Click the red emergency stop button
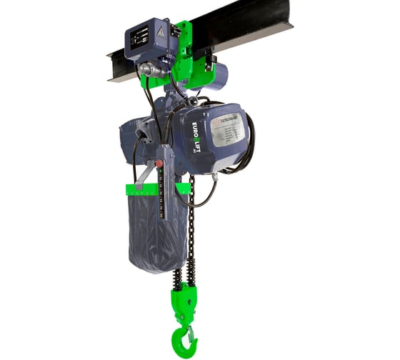click(x=160, y=163)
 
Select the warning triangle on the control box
click(x=161, y=32)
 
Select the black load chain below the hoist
click(x=191, y=229)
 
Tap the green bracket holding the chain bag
click(x=158, y=189)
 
